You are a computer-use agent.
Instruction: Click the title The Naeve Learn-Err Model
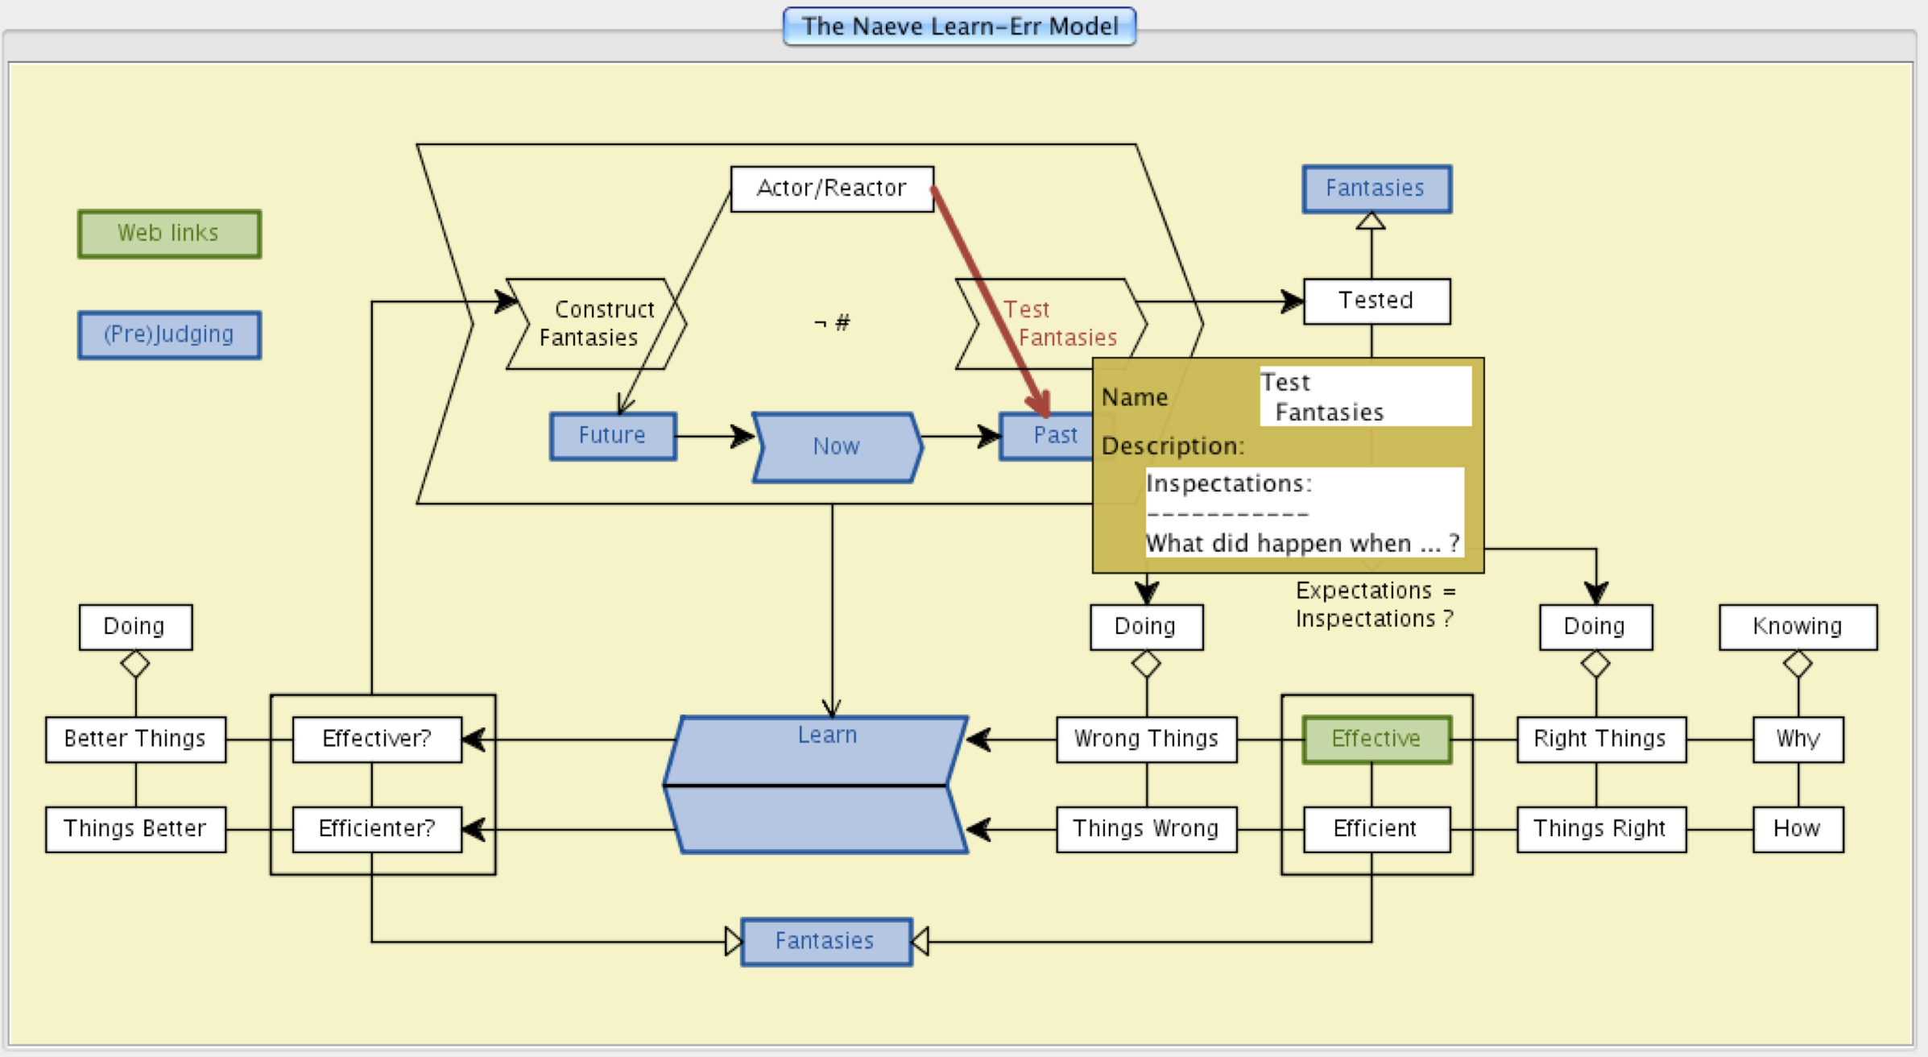click(x=959, y=27)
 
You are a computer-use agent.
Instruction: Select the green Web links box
click(x=169, y=234)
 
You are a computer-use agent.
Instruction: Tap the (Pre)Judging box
click(x=169, y=334)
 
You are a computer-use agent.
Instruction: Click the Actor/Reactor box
click(x=832, y=189)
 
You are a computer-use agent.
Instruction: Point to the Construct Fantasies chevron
click(x=596, y=324)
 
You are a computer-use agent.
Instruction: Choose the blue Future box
click(x=613, y=436)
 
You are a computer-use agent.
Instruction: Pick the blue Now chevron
click(x=837, y=447)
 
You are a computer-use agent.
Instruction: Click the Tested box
click(x=1376, y=301)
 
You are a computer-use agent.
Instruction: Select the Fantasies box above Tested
click(x=1376, y=189)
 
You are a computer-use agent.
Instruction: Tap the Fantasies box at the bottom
click(x=825, y=941)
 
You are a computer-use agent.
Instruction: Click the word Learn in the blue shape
click(x=827, y=736)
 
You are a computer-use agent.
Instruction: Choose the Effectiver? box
click(x=377, y=739)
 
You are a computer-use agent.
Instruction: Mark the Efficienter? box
click(x=377, y=829)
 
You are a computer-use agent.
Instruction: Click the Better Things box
click(x=135, y=739)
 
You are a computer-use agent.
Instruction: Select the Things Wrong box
click(x=1146, y=829)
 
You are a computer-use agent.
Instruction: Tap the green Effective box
click(x=1376, y=739)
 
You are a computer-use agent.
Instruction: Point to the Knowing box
click(x=1798, y=627)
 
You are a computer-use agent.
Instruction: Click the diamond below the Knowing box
click(x=1798, y=664)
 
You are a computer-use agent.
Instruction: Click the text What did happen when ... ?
click(x=1302, y=544)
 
